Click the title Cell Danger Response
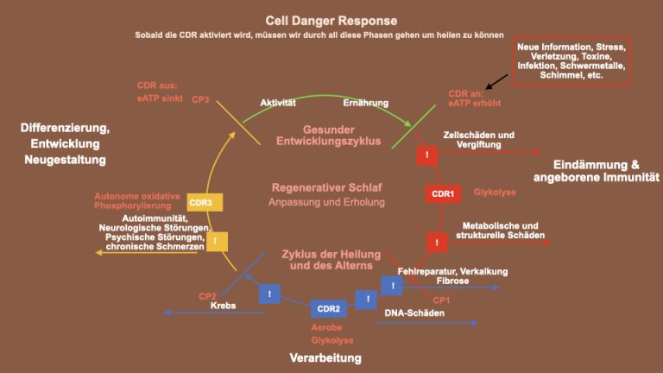pos(331,20)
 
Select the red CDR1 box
pos(442,194)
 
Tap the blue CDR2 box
pos(328,307)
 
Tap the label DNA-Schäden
pos(414,313)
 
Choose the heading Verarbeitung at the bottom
pos(325,357)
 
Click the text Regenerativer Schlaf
pos(327,186)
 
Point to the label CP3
pos(201,100)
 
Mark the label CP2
pos(207,295)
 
